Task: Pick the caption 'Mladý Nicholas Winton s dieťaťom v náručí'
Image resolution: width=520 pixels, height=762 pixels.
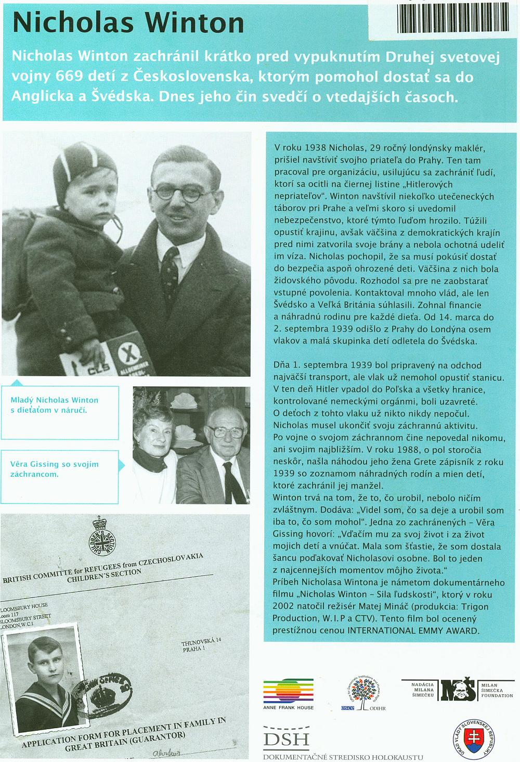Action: pyautogui.click(x=55, y=405)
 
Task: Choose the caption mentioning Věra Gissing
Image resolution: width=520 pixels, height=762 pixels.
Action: pyautogui.click(x=54, y=468)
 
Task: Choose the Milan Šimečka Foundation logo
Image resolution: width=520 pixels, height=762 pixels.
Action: pyautogui.click(x=457, y=690)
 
